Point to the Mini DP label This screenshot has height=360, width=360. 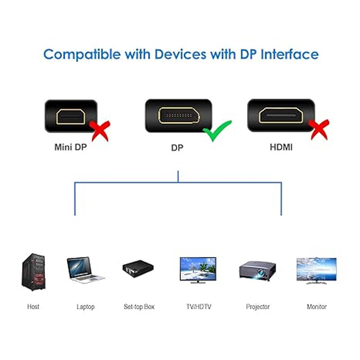click(70, 147)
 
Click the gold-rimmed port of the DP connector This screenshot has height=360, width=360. click(177, 116)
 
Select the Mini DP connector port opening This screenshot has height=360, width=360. click(70, 116)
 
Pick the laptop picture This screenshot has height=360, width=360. click(85, 270)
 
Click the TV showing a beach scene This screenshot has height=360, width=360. click(198, 270)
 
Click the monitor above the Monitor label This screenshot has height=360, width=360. click(316, 270)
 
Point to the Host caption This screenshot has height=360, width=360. click(33, 307)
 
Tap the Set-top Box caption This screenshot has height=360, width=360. click(139, 307)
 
